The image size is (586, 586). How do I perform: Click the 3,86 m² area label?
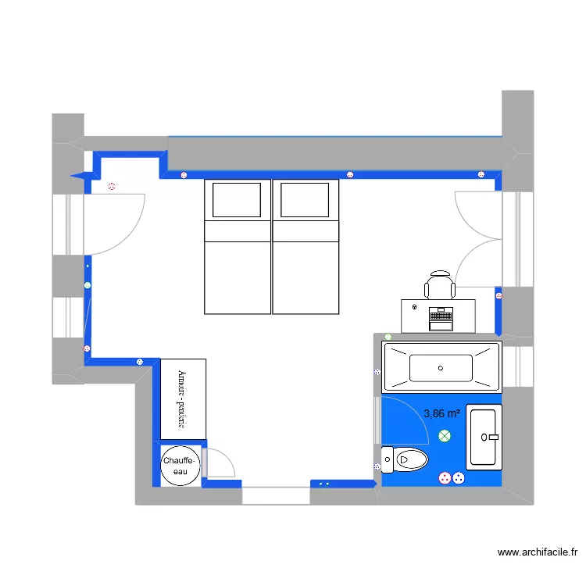441,413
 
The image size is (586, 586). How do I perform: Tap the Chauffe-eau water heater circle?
180,466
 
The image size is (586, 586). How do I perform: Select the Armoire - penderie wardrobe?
183,398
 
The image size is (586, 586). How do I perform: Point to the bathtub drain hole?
441,367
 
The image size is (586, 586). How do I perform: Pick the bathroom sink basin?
484,437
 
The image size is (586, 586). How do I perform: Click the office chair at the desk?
440,285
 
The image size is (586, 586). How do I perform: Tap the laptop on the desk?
441,317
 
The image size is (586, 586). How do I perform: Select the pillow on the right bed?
305,199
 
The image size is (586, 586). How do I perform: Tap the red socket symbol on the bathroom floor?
445,477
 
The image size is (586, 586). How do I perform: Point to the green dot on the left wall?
88,286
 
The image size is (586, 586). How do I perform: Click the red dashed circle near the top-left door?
112,187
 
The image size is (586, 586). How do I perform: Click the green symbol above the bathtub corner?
388,337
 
